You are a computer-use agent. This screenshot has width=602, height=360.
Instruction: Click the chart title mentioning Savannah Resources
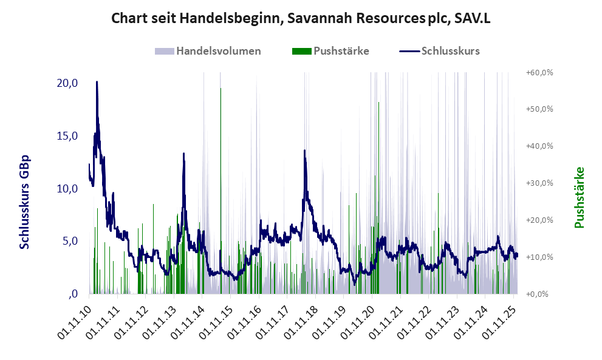click(x=301, y=18)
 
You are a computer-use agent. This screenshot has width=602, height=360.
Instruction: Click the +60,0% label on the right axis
click(x=539, y=72)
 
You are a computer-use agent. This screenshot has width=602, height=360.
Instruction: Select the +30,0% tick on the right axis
click(x=539, y=183)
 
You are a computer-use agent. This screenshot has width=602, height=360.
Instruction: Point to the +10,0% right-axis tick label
click(x=539, y=257)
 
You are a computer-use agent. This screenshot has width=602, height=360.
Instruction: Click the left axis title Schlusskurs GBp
click(x=25, y=202)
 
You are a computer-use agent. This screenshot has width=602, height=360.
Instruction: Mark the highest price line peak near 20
click(x=97, y=82)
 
